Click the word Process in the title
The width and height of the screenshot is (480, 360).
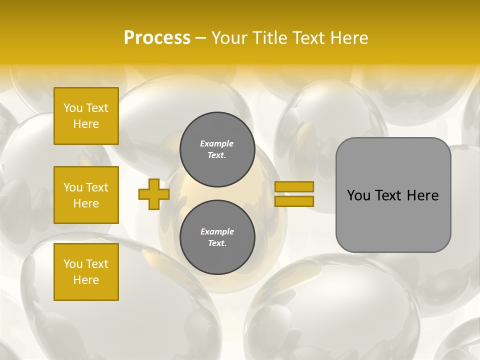point(157,38)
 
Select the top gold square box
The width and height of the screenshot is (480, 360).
point(86,116)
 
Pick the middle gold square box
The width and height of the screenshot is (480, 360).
point(86,195)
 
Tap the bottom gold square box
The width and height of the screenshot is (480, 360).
point(86,272)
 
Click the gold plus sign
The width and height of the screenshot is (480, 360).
point(154,194)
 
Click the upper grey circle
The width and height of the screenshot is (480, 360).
point(217,149)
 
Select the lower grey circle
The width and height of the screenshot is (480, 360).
point(217,237)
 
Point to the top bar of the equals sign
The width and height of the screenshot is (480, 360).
point(294,186)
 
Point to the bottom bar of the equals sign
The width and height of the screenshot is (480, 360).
point(294,201)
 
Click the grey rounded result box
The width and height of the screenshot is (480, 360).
point(393,195)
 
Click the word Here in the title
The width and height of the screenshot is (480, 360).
point(348,38)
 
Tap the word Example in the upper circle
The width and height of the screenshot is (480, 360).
point(216,143)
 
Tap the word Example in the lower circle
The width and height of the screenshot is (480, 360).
point(217,231)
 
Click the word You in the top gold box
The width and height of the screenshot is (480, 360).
point(73,108)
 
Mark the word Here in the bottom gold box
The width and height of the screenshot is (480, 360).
point(86,280)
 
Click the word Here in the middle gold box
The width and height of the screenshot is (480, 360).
point(86,203)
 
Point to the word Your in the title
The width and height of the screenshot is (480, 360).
point(229,38)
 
